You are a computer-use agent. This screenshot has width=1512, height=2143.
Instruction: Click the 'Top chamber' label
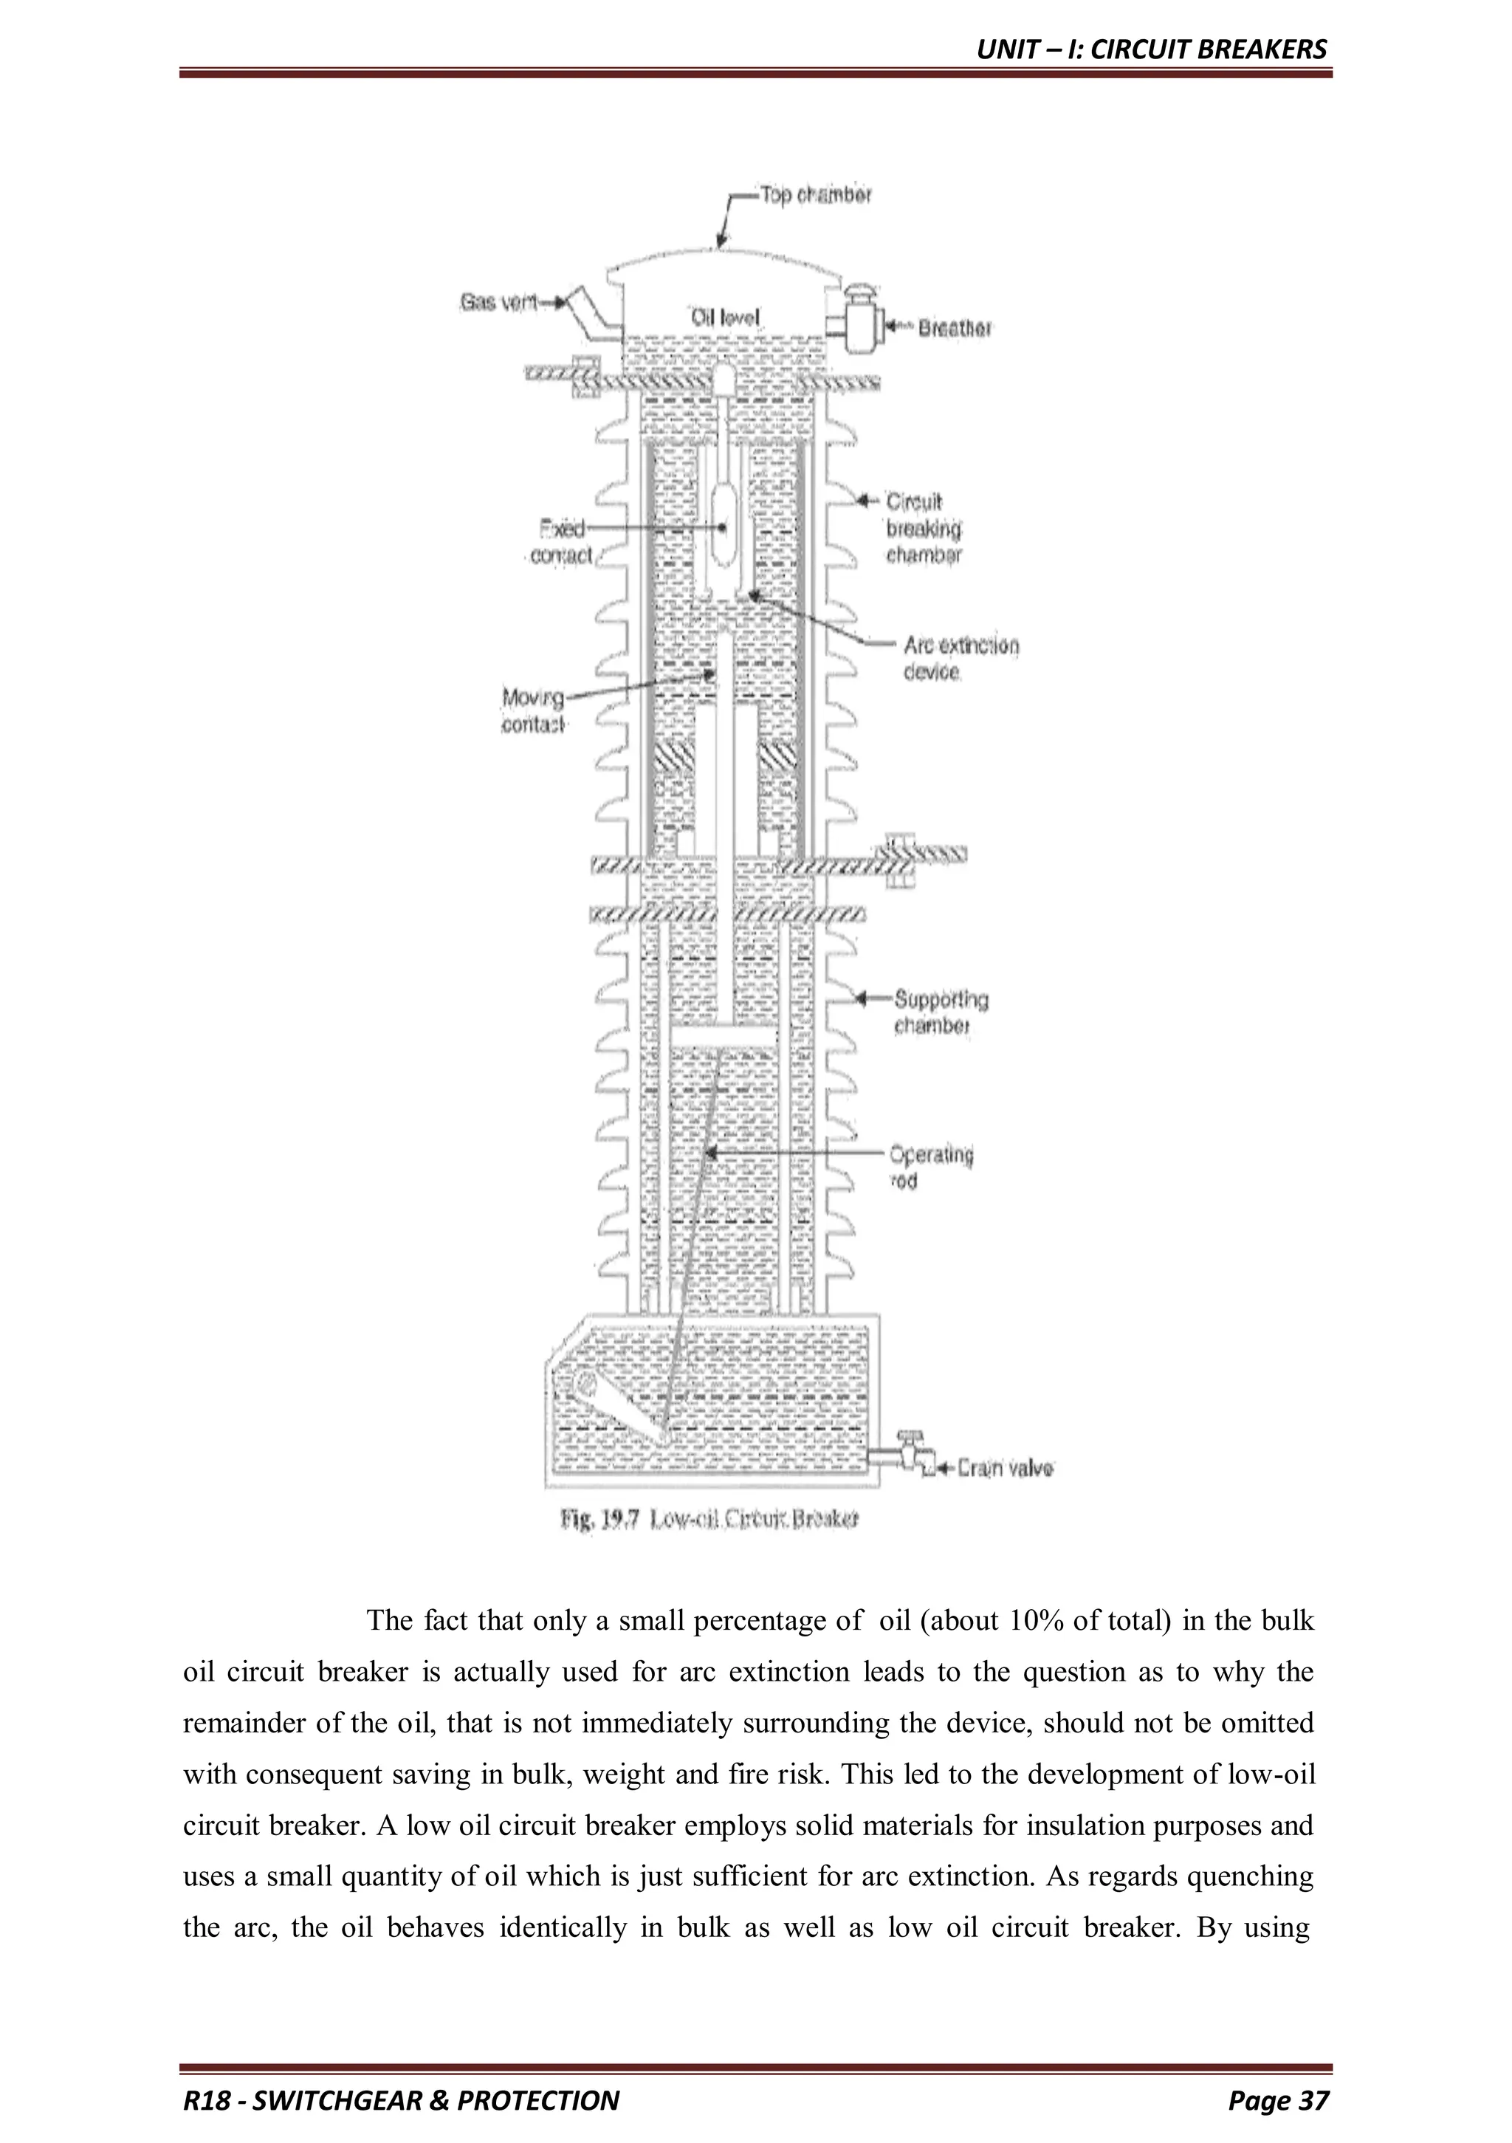point(815,196)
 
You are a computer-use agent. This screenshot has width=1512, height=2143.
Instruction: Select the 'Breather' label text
point(954,329)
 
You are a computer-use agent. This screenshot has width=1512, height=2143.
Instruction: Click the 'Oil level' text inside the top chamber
point(725,318)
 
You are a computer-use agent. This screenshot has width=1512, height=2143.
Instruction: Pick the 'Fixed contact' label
point(562,542)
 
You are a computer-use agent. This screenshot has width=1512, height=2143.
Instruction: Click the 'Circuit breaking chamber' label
point(922,528)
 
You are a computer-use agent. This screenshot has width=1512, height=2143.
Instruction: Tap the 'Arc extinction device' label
point(961,658)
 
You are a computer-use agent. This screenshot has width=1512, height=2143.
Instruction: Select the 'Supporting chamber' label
point(940,1012)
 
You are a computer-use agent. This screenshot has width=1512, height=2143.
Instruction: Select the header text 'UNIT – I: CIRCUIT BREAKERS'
point(1151,49)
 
